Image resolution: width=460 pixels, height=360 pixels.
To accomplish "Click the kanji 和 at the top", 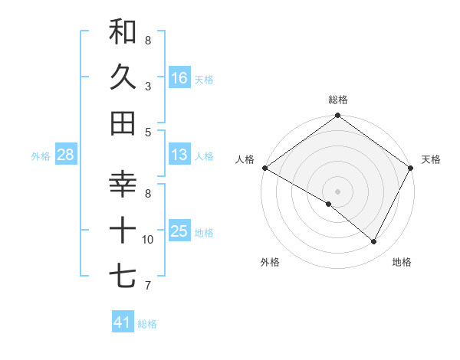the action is click(x=123, y=32).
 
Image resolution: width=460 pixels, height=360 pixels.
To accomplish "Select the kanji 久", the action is click(x=123, y=77).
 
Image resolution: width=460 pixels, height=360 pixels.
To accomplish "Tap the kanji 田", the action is click(x=123, y=123).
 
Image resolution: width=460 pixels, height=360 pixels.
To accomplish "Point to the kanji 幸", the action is click(x=123, y=185).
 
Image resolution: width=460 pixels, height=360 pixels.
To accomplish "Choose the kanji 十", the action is click(x=123, y=230).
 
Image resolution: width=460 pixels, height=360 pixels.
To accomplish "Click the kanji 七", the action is click(x=123, y=275).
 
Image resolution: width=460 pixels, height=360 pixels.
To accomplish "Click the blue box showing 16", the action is click(x=179, y=77).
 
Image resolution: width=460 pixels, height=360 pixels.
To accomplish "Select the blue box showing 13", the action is click(x=179, y=155).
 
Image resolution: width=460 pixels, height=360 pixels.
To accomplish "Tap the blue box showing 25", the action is click(x=179, y=231).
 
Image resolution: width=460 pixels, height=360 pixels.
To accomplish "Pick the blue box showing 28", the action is click(x=66, y=155).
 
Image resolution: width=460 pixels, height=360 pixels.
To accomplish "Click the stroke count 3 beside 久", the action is click(x=148, y=87).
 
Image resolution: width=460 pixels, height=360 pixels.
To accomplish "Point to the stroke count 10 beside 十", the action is click(x=148, y=240).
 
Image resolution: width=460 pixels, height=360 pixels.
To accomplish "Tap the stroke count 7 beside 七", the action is click(x=148, y=286).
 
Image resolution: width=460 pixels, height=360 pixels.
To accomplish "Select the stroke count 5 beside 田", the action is click(x=148, y=133).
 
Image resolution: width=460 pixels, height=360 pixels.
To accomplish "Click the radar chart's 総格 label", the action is click(x=338, y=100).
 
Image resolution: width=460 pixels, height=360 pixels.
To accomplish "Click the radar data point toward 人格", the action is click(x=264, y=168).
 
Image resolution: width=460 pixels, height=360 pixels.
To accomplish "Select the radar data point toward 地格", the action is click(x=374, y=242).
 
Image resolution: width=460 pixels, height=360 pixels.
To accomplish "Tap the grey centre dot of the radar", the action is click(x=337, y=191).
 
